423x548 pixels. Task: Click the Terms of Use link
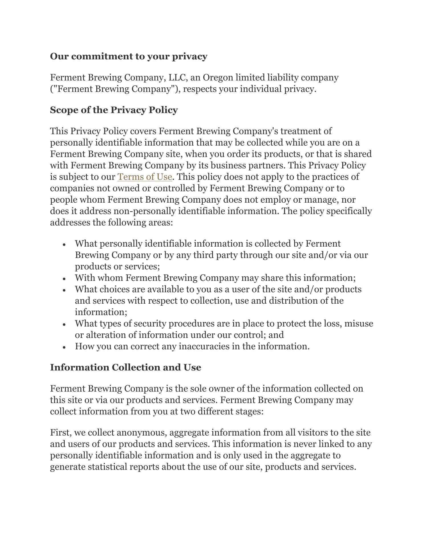tap(145, 177)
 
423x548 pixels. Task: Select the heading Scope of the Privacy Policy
tap(114, 110)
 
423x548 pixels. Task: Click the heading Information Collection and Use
tap(125, 367)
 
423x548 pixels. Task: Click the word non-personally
tap(145, 211)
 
